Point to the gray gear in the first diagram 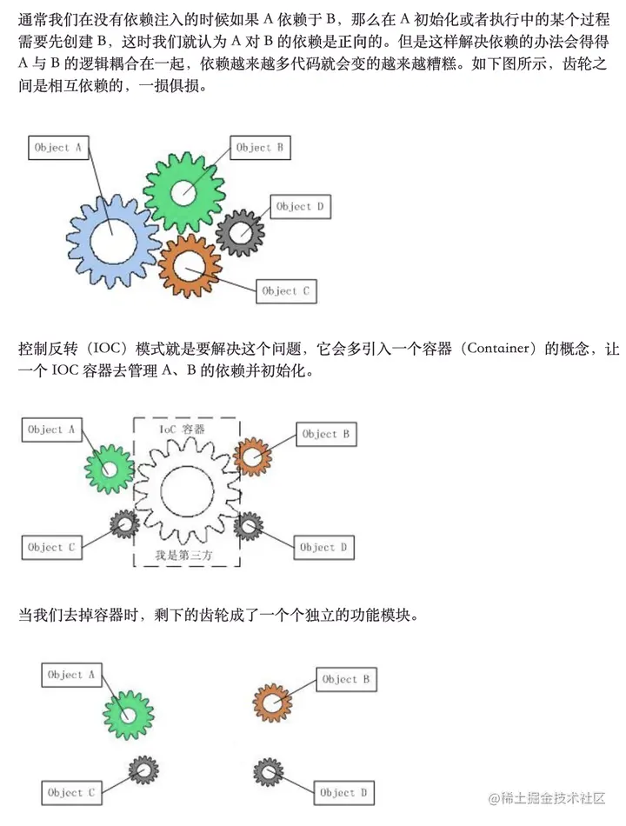click(x=240, y=232)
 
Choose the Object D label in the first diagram click(x=300, y=207)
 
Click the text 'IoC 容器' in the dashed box click(x=182, y=430)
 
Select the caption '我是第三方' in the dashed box click(x=183, y=553)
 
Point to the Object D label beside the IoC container click(x=323, y=547)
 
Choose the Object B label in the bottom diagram click(x=346, y=679)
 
